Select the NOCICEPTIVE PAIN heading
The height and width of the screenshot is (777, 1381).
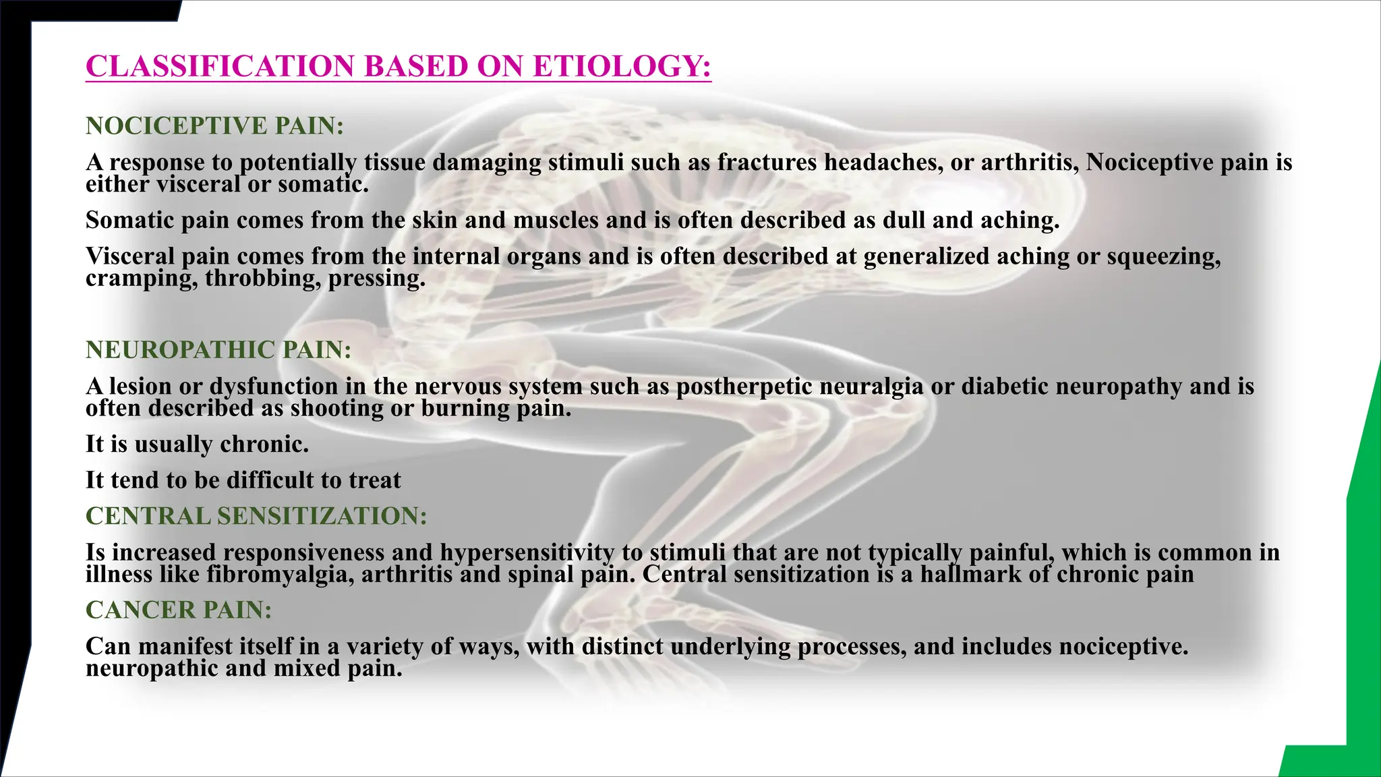[x=214, y=125]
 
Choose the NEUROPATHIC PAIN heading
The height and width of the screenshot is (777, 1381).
[x=218, y=349]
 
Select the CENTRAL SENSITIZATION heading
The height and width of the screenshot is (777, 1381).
[x=256, y=516]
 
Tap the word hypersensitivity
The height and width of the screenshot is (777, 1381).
[x=527, y=552]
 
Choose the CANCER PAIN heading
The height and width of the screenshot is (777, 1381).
[x=179, y=610]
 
